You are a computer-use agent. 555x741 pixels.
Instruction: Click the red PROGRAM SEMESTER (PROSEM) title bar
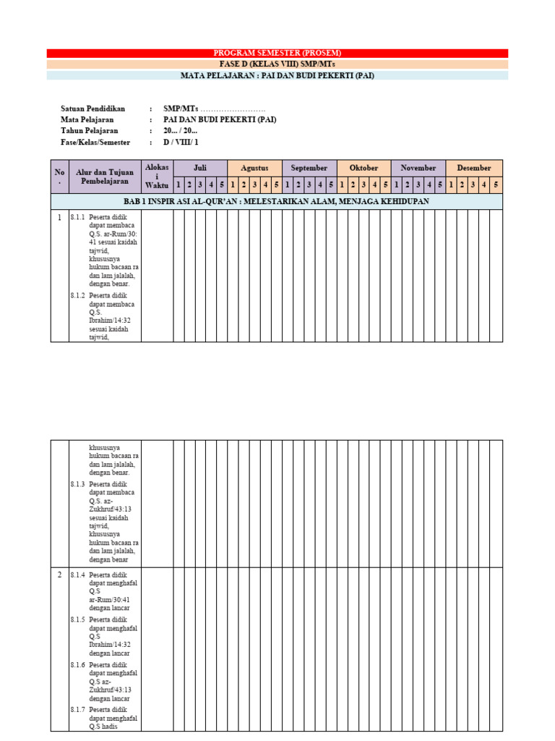[x=277, y=53]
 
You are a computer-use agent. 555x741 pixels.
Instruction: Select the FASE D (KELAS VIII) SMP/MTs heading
[x=277, y=64]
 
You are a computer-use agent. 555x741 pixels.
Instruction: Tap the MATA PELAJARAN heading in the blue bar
[x=277, y=75]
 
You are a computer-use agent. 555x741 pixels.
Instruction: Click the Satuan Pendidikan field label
[x=93, y=109]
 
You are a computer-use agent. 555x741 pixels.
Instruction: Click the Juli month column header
[x=200, y=168]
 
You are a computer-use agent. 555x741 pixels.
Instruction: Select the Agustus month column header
[x=254, y=168]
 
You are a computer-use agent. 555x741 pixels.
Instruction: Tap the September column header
[x=309, y=168]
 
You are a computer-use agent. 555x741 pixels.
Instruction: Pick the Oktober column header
[x=363, y=168]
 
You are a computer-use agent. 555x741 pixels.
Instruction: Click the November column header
[x=418, y=168]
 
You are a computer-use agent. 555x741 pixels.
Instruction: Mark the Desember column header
[x=473, y=168]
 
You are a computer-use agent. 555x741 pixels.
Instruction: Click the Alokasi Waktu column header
[x=157, y=176]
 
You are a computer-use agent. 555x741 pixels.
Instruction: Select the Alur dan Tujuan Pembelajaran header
[x=105, y=177]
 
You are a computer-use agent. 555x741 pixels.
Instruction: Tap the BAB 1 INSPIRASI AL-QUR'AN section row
[x=277, y=201]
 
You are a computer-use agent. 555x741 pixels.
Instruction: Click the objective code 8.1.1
[x=77, y=217]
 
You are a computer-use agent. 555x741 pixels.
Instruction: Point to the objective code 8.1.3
[x=77, y=484]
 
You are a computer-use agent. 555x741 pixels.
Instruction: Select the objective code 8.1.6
[x=77, y=664]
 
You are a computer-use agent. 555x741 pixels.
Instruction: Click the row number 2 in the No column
[x=60, y=575]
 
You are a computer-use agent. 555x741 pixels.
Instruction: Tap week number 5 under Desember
[x=496, y=185]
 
